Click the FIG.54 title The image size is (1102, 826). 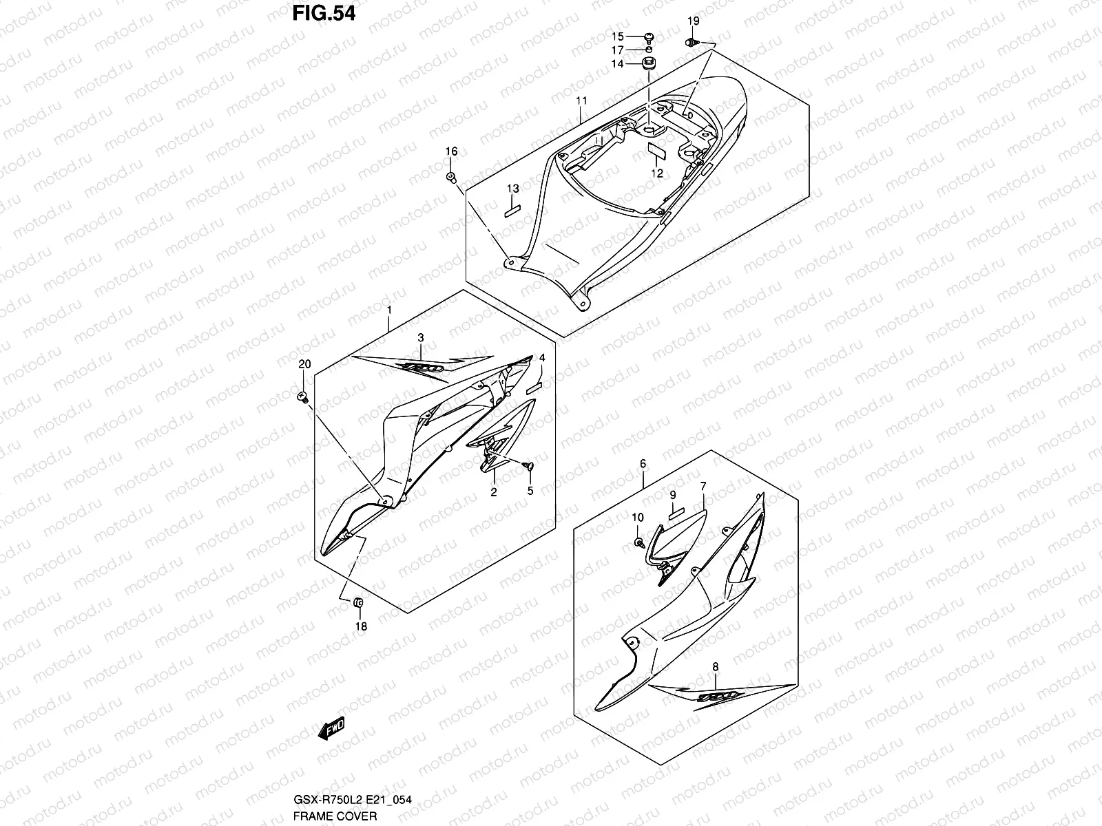click(324, 14)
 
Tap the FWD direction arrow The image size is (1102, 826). click(332, 728)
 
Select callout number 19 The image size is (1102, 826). click(694, 21)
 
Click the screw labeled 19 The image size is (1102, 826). click(693, 42)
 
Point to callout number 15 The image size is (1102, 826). click(618, 36)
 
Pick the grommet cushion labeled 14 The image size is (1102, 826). click(649, 64)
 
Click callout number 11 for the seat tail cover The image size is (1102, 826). click(581, 100)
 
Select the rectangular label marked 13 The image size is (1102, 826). click(512, 211)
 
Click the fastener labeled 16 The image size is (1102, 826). click(451, 176)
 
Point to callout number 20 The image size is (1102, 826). click(304, 364)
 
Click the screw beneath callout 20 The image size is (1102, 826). click(303, 397)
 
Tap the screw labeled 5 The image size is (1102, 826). click(528, 467)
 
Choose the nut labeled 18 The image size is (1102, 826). click(358, 602)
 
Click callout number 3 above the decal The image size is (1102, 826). click(421, 337)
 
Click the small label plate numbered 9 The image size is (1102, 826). click(676, 513)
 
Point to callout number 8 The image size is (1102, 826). click(716, 667)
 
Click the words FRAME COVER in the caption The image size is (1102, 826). click(335, 816)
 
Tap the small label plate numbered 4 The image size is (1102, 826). click(534, 388)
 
